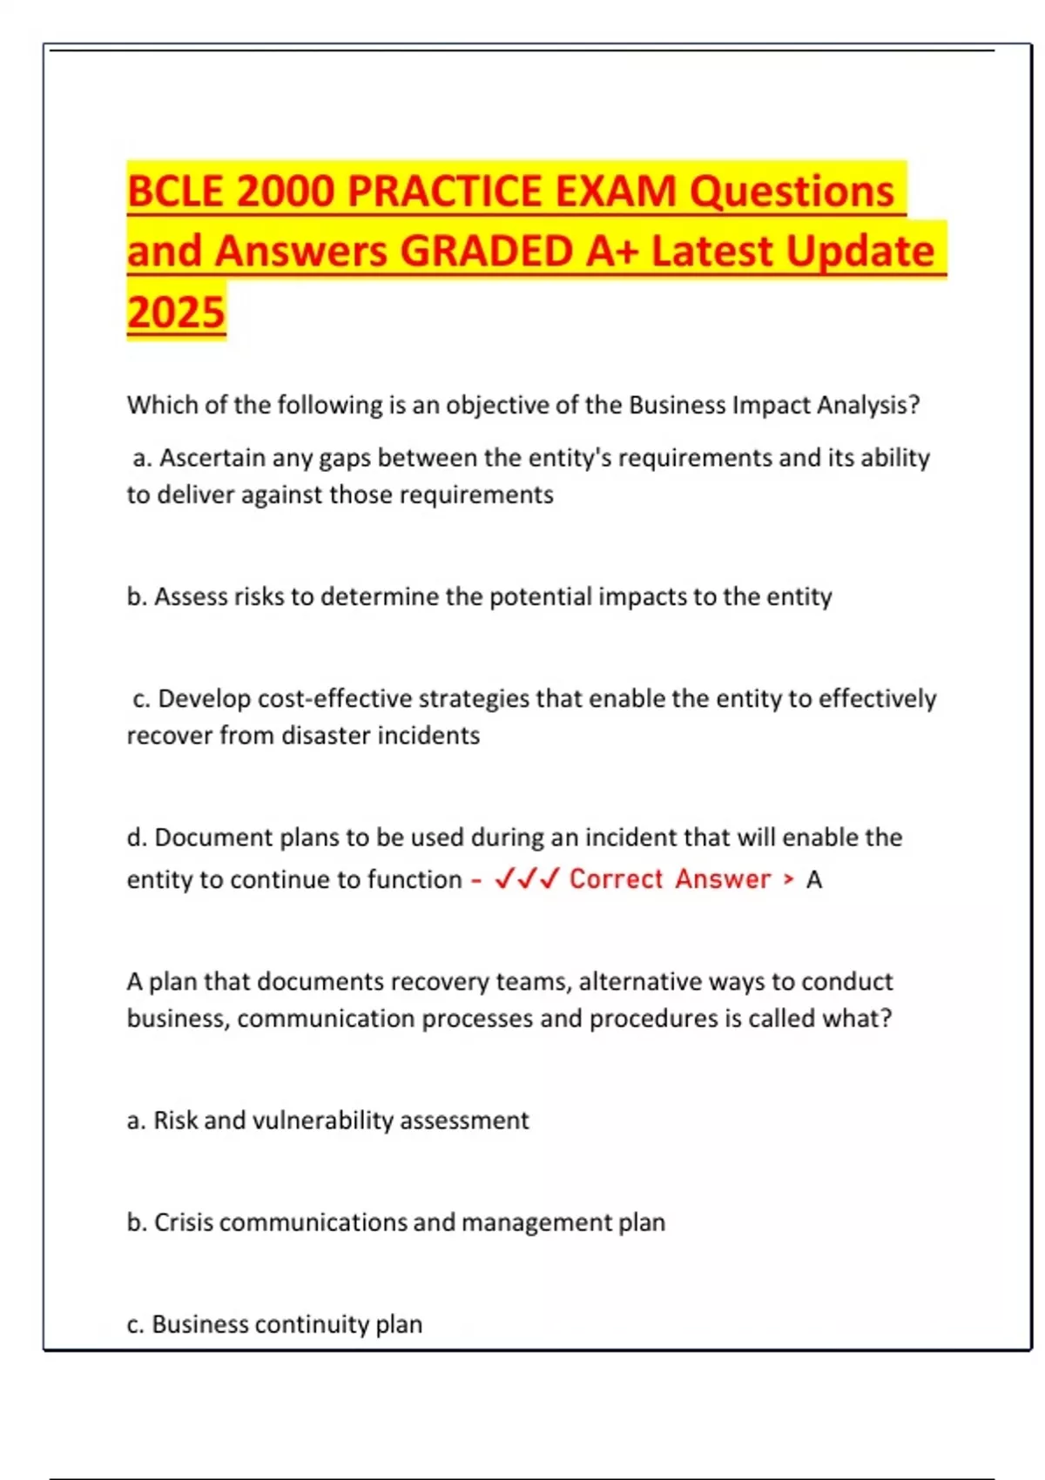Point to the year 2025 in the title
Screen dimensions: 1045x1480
pyautogui.click(x=176, y=312)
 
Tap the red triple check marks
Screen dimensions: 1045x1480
pyautogui.click(x=527, y=878)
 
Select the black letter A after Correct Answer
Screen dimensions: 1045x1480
pyautogui.click(x=813, y=880)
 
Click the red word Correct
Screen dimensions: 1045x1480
pyautogui.click(x=616, y=879)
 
